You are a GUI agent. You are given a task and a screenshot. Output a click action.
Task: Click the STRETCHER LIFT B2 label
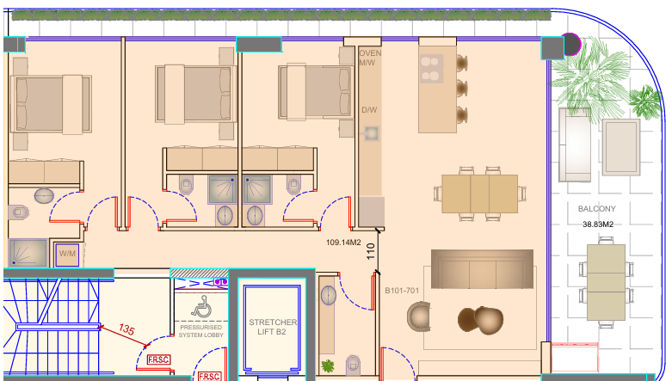(x=273, y=327)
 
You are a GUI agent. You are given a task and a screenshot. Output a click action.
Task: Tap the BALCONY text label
(x=596, y=209)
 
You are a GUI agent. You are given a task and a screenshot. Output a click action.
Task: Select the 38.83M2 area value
(x=598, y=224)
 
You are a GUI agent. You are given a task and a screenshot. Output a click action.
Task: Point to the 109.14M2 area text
(x=343, y=243)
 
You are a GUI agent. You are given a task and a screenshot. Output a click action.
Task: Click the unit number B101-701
(x=402, y=291)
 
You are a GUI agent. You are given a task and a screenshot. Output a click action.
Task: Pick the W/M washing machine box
(x=67, y=254)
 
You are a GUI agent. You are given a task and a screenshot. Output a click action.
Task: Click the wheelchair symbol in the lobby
(x=201, y=306)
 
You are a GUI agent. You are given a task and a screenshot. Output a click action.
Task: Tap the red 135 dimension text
(x=126, y=329)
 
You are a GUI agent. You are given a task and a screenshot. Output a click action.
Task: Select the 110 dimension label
(x=371, y=252)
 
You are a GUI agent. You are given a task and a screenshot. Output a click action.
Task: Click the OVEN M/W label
(x=370, y=58)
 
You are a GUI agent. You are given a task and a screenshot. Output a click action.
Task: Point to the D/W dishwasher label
(x=369, y=110)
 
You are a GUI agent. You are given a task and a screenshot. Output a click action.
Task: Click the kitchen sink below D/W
(x=372, y=133)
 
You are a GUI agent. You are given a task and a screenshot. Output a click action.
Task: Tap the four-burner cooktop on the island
(x=431, y=69)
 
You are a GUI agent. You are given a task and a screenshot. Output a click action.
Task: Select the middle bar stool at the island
(x=461, y=89)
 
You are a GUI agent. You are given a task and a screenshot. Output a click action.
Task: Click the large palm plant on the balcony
(x=590, y=79)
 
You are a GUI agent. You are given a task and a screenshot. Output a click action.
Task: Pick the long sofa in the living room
(x=482, y=268)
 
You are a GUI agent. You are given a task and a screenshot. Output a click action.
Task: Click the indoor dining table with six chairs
(x=479, y=194)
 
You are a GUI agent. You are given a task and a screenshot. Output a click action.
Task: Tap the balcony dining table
(x=606, y=283)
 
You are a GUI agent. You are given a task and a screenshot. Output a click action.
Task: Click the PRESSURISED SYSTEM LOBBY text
(x=201, y=331)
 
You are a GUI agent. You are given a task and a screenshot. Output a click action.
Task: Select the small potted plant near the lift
(x=328, y=366)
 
